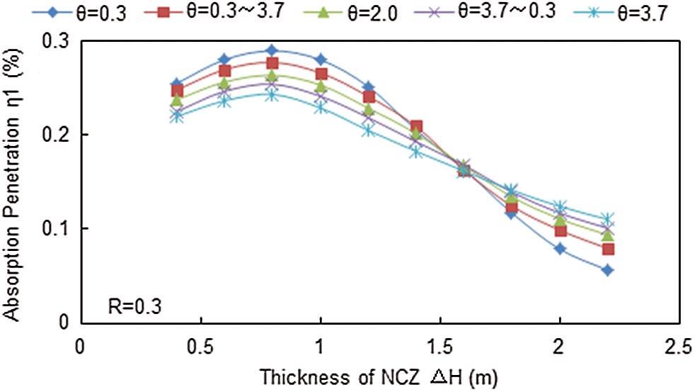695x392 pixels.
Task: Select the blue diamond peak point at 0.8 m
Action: [x=272, y=50]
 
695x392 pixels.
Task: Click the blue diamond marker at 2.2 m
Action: [x=607, y=270]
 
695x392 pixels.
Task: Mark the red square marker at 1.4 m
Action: [x=416, y=127]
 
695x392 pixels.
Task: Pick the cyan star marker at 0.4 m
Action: [x=176, y=117]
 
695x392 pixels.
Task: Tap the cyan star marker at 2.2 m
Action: [x=607, y=219]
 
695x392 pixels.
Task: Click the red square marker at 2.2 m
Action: [x=607, y=249]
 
